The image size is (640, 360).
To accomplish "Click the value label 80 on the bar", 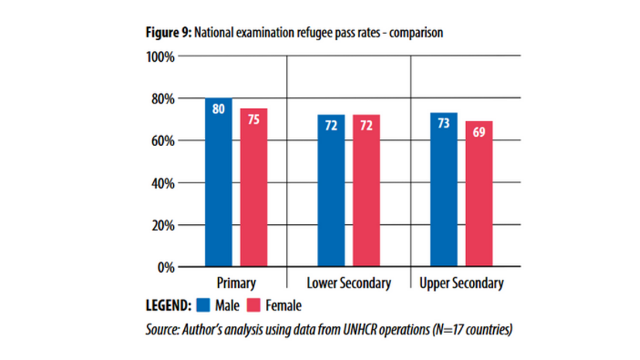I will pos(218,109).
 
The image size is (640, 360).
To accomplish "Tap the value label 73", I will pos(444,124).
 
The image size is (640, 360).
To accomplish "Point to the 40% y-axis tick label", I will pos(162,183).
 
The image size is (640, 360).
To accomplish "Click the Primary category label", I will pos(236,284).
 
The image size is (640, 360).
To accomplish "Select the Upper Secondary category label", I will pos(461,284).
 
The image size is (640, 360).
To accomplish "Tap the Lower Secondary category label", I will pos(349,284).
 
